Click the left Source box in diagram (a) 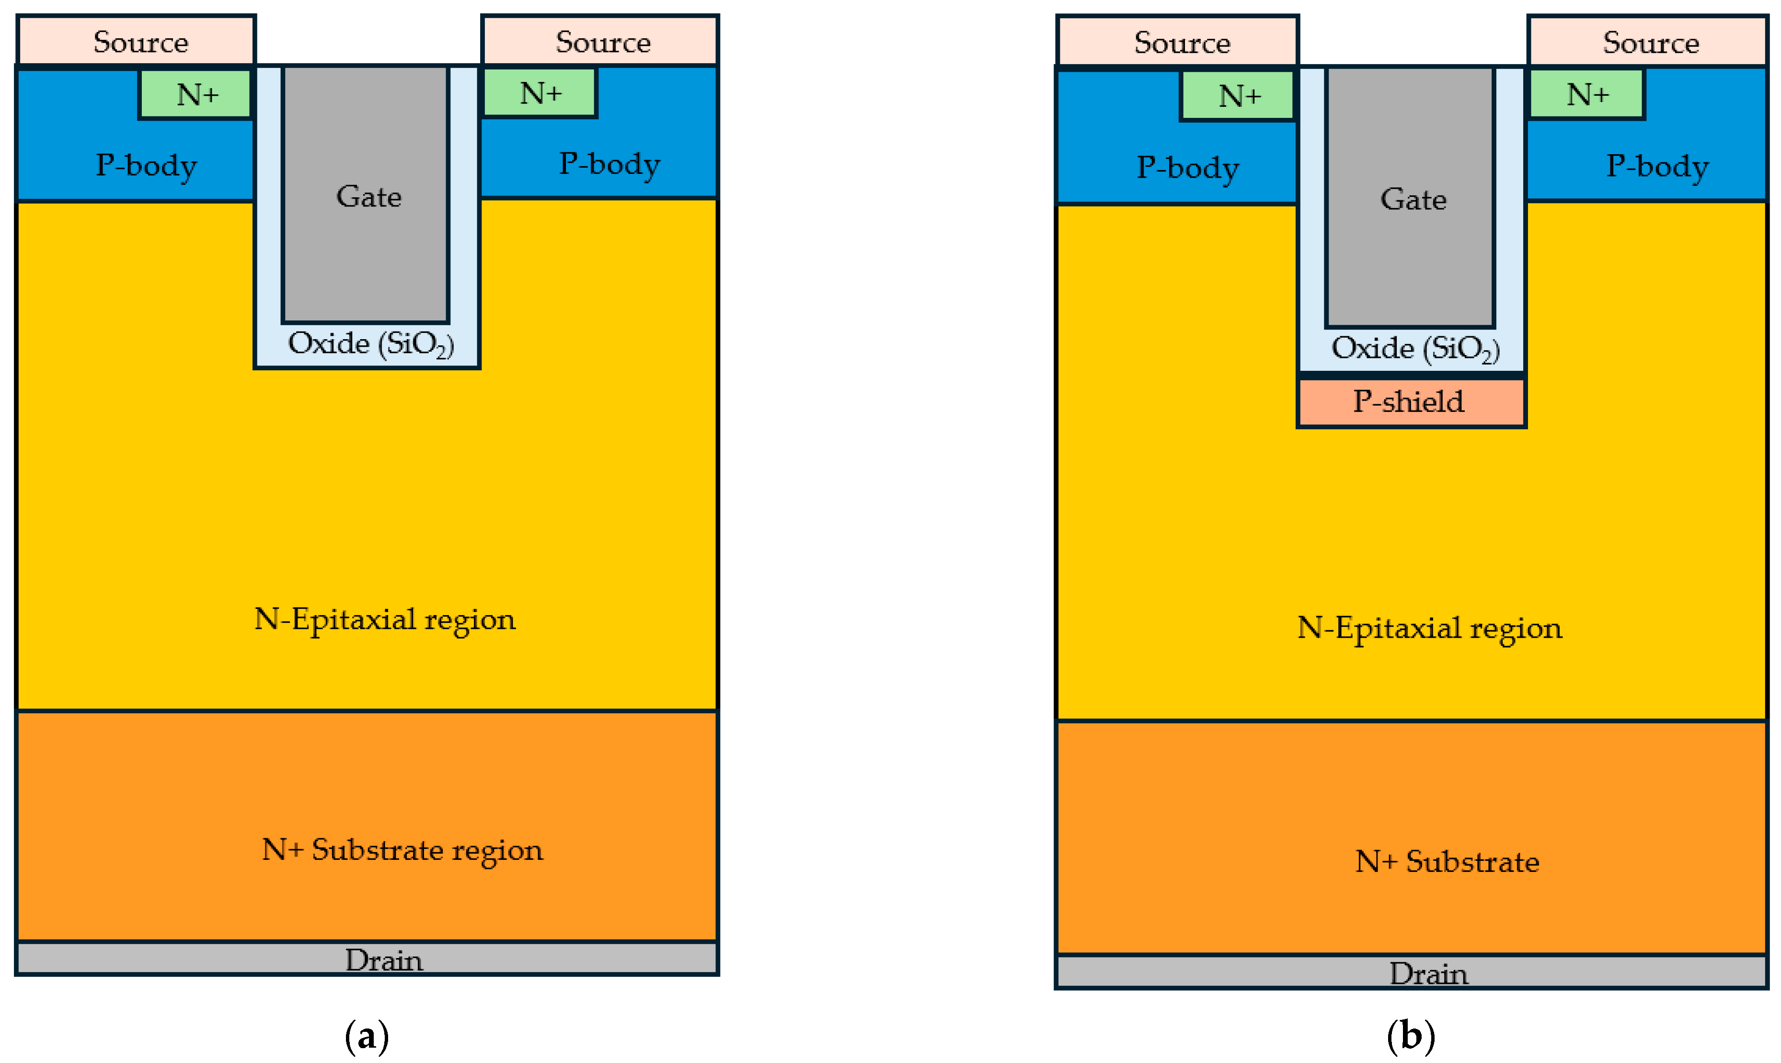tap(136, 42)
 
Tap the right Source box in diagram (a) tap(600, 42)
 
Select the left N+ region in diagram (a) tap(195, 94)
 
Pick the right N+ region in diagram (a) tap(540, 92)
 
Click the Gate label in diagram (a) tap(368, 196)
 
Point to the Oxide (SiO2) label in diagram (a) tap(370, 344)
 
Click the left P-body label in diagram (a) tap(146, 165)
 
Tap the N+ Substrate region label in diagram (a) tap(402, 850)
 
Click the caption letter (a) tap(367, 1036)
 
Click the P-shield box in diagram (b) tap(1411, 402)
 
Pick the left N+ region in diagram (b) tap(1238, 95)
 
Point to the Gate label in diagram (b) tap(1413, 199)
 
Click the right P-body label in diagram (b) tap(1656, 166)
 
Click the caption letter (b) tap(1410, 1036)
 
